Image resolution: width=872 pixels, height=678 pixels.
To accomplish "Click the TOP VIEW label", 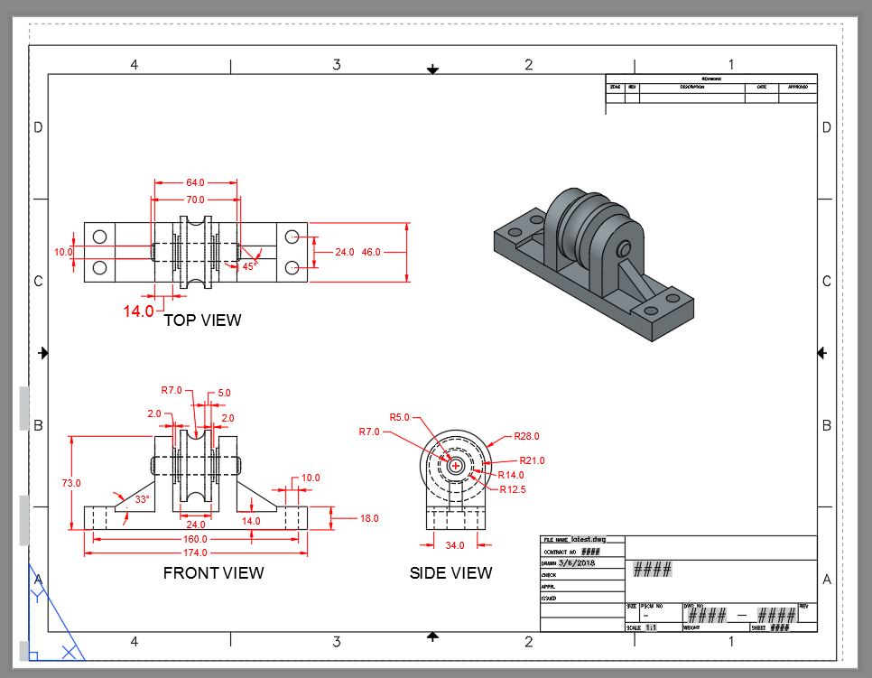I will [x=202, y=320].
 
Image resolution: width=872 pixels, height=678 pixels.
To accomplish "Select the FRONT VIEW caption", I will [x=213, y=572].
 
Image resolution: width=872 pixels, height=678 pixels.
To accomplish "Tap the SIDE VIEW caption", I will [x=450, y=572].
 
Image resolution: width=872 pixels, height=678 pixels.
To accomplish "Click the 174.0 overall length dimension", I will [x=195, y=552].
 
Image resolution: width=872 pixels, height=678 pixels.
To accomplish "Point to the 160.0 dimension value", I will [x=195, y=539].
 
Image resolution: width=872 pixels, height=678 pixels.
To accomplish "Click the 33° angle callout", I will [x=141, y=499].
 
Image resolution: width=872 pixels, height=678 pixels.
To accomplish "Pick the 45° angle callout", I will [x=249, y=266].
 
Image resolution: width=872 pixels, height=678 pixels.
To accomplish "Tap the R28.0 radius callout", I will [x=526, y=436].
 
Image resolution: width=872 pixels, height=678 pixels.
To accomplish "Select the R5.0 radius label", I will [x=399, y=417].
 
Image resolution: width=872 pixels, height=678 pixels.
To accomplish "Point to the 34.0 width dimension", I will [x=455, y=545].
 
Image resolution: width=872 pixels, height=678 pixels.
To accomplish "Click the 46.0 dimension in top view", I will [x=371, y=252].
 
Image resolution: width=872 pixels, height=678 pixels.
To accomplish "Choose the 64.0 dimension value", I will [x=195, y=183].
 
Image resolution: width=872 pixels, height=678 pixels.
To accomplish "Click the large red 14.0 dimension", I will [x=139, y=311].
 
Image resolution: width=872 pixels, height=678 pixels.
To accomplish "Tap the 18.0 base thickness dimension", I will [x=368, y=518].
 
